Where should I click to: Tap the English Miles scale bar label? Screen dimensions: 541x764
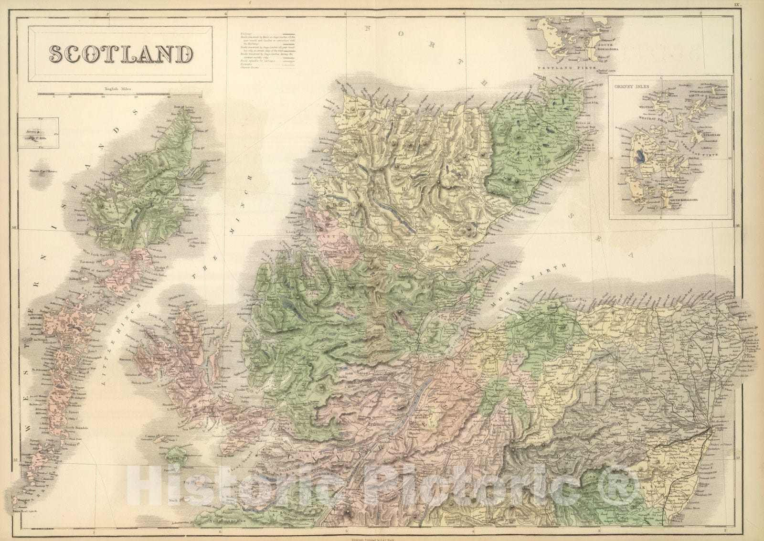117,89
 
